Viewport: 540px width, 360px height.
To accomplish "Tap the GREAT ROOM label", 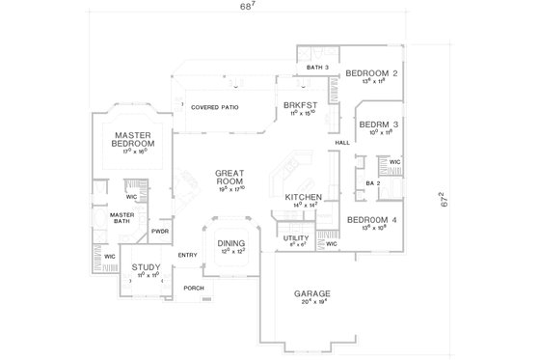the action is pos(232,178).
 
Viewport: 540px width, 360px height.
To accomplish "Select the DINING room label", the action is pos(231,244).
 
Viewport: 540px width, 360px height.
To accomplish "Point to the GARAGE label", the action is pos(312,292).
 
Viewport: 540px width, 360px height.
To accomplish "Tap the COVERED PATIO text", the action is pos(215,107).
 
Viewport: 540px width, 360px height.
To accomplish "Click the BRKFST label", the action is pos(295,105).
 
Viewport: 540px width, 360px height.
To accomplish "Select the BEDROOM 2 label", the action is pos(372,73).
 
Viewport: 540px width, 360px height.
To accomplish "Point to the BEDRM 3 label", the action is pos(373,125).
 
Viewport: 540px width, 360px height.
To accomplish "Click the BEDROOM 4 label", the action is pos(372,220).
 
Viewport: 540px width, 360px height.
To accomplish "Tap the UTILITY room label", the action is pos(295,237).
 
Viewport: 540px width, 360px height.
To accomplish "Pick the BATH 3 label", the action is pos(319,67).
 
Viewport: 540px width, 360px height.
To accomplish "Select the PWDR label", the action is pos(161,233).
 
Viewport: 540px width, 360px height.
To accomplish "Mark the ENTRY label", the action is pos(187,254).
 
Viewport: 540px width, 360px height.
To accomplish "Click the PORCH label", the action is pos(195,288).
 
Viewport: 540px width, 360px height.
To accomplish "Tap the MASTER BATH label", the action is pos(121,217).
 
